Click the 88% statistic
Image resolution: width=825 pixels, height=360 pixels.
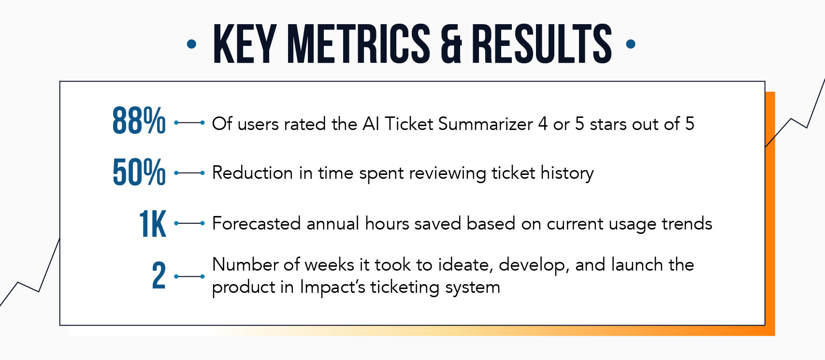(139, 120)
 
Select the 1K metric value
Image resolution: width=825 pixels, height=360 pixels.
(152, 223)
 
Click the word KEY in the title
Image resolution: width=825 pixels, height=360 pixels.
(245, 44)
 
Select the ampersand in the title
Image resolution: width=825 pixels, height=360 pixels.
(451, 44)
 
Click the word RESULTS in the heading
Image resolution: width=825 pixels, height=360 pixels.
(542, 44)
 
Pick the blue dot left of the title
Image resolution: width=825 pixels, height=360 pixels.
(191, 44)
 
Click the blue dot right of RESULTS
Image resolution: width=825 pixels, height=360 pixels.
(631, 44)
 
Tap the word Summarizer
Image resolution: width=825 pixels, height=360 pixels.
(485, 124)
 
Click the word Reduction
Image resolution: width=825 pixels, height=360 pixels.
(252, 173)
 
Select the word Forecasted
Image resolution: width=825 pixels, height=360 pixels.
(256, 223)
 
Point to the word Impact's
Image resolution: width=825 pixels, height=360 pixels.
(333, 287)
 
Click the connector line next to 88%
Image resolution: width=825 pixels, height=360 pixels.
(189, 123)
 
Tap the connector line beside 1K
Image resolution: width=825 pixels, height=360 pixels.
(189, 223)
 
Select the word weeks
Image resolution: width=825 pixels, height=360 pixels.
(329, 265)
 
